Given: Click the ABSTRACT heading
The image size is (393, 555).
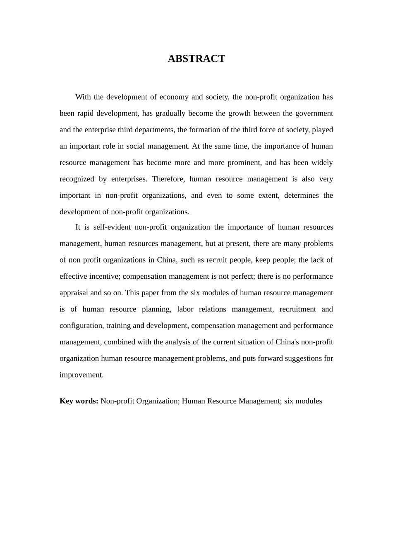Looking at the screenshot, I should (196, 59).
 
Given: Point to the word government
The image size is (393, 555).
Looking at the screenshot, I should (314, 114).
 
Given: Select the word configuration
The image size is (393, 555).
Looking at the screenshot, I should (81, 326).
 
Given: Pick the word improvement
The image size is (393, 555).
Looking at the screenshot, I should (81, 375).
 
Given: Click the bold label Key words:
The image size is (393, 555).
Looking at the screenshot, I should (79, 401).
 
